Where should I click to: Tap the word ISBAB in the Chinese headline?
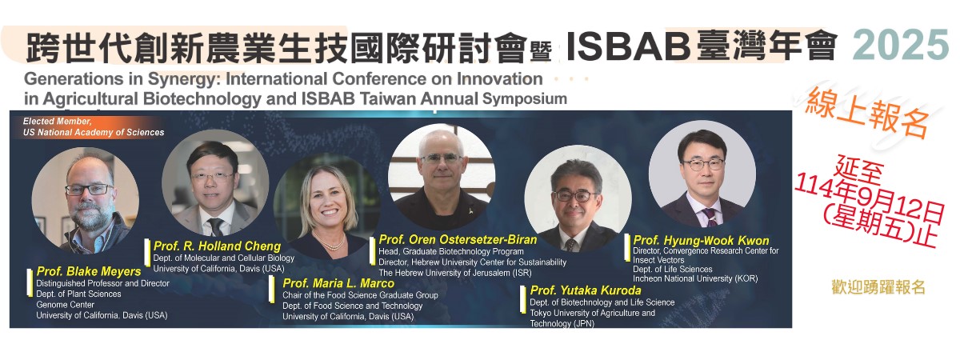pos(628,45)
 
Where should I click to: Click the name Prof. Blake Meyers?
pos(89,272)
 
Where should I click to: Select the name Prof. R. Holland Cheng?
pos(217,246)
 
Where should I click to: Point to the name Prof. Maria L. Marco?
pos(338,283)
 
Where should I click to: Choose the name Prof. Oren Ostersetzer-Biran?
pos(458,239)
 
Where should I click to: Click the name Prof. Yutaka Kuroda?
pos(586,290)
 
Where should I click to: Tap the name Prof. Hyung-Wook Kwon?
pos(701,241)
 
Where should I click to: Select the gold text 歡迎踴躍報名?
pos(878,287)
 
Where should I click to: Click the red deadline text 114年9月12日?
pos(870,201)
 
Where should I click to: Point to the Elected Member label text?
pos(94,127)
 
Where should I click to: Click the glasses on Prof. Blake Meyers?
pos(89,190)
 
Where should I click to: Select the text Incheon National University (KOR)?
pos(695,278)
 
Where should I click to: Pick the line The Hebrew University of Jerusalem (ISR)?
pos(454,273)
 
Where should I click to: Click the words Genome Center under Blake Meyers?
pos(65,305)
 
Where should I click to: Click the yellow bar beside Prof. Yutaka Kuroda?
pos(523,299)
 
